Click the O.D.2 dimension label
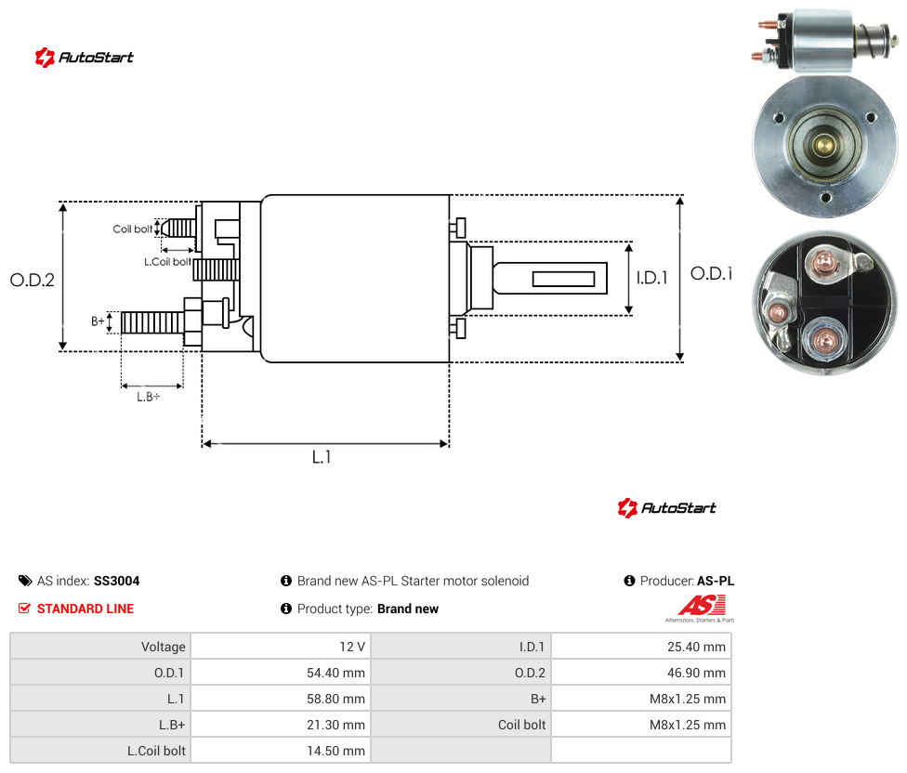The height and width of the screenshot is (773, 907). coord(33,281)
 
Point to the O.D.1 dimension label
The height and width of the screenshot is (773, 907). coord(712,273)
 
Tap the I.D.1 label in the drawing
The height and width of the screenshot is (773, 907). coord(652,278)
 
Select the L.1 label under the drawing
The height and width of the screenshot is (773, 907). coord(322,457)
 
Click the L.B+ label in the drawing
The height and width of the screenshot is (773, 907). coord(148,397)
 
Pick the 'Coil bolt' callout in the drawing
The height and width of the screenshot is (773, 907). coord(133,229)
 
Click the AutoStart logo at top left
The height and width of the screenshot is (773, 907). coord(84,58)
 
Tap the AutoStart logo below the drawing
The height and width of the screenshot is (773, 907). coord(666,508)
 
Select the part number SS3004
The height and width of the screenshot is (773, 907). coord(117,581)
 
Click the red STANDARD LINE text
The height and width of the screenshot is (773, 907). coord(85,609)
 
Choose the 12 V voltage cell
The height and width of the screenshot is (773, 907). coord(282,647)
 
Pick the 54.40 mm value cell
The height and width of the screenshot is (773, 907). coord(282,673)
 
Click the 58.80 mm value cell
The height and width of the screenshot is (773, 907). coord(282,699)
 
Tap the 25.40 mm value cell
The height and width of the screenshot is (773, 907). coord(641,647)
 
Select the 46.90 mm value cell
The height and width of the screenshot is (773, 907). coord(641,673)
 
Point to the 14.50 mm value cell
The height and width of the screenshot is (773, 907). coord(282,751)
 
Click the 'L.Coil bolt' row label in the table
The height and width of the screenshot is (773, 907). coord(157,751)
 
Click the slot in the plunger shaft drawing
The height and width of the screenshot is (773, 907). coord(563,280)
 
